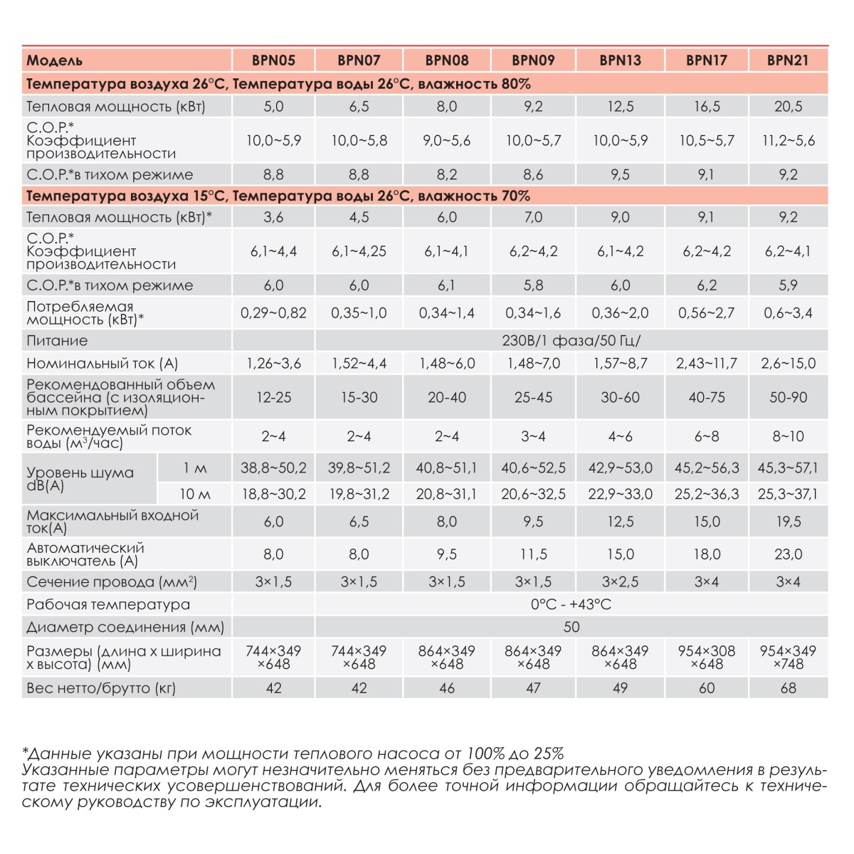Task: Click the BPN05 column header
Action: click(x=273, y=60)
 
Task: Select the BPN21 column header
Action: click(x=788, y=60)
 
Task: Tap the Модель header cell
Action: click(x=55, y=60)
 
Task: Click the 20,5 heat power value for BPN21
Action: click(x=788, y=107)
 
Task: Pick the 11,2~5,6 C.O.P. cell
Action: click(x=788, y=141)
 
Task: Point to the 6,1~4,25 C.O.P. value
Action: click(x=359, y=251)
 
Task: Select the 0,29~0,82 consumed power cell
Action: click(x=273, y=313)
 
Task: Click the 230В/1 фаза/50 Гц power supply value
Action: click(x=571, y=341)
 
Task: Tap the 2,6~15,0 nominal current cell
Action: click(x=788, y=364)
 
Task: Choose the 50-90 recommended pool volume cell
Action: click(x=788, y=398)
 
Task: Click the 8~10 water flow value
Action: click(x=788, y=436)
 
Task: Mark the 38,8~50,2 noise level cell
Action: click(x=273, y=468)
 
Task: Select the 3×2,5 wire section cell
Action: click(x=620, y=582)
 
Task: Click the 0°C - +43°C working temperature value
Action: click(x=571, y=605)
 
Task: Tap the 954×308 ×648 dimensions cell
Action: click(x=707, y=658)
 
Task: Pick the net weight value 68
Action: click(x=788, y=688)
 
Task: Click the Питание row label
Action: click(x=58, y=341)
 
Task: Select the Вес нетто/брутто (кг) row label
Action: click(x=101, y=688)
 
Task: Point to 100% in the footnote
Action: click(x=485, y=754)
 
